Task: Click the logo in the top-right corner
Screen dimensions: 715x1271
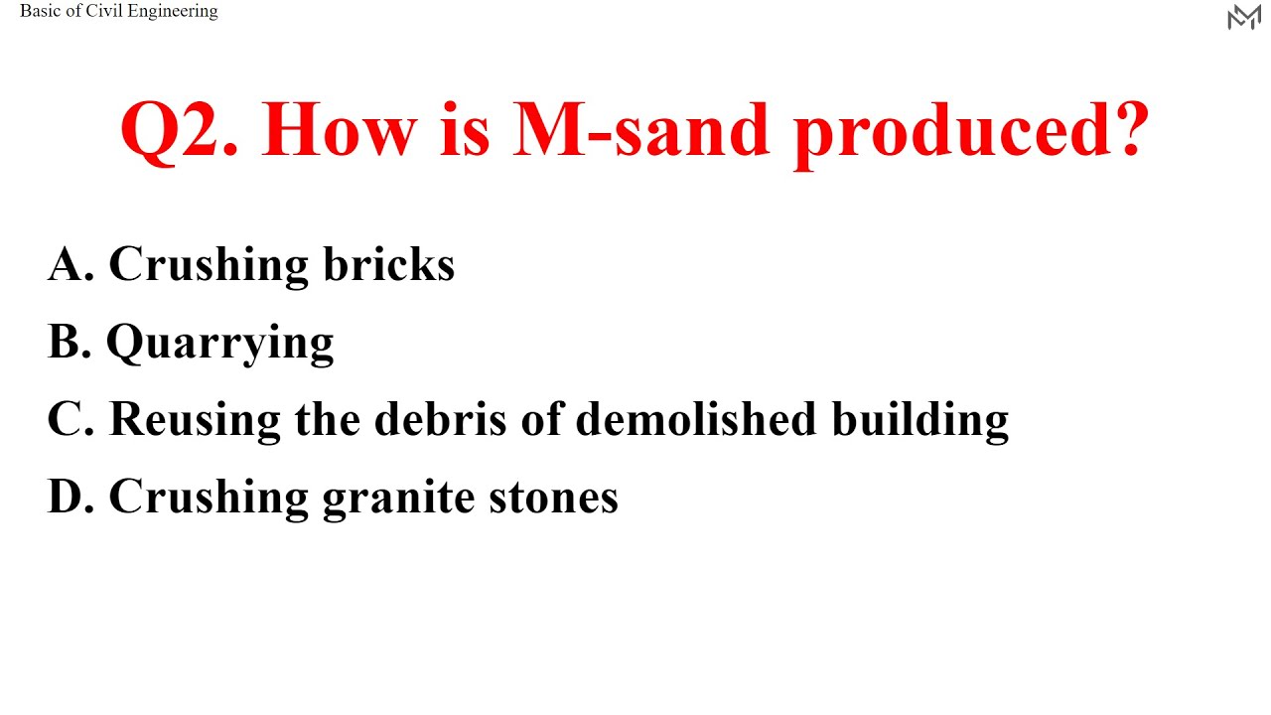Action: (x=1243, y=17)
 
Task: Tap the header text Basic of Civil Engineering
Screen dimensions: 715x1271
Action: (x=119, y=12)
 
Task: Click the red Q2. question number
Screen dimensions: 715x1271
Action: (x=180, y=130)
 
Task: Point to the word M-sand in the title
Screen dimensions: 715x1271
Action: (x=641, y=130)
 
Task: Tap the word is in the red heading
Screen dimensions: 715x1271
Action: (x=464, y=130)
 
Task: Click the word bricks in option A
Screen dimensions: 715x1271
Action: (x=388, y=264)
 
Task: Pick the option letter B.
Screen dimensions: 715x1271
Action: (x=69, y=342)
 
